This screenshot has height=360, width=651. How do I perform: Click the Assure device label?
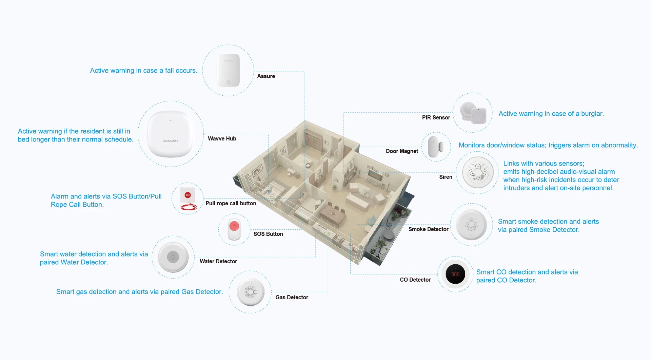pos(266,76)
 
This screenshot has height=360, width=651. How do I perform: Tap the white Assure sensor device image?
pos(228,70)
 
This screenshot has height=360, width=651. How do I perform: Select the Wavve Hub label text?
pos(222,139)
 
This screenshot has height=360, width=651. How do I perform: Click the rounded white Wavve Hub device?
pos(170,134)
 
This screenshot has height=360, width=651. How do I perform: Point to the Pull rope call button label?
pos(231,204)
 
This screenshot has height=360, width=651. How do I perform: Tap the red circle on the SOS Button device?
pos(234,226)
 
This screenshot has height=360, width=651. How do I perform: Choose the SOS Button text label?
pos(268,234)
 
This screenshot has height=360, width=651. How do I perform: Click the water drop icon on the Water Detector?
pos(173,257)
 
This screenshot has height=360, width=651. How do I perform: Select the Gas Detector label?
pos(292,298)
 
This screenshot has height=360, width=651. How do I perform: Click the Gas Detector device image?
pos(251,292)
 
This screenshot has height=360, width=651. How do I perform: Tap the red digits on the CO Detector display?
pos(455,274)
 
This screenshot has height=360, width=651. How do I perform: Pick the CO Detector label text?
pos(415,280)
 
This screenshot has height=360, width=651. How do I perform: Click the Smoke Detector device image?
pos(471,225)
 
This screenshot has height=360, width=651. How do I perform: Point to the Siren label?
pos(446,177)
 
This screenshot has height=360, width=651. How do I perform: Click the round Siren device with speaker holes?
pos(478,172)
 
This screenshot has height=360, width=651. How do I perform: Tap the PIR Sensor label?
pos(436,118)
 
